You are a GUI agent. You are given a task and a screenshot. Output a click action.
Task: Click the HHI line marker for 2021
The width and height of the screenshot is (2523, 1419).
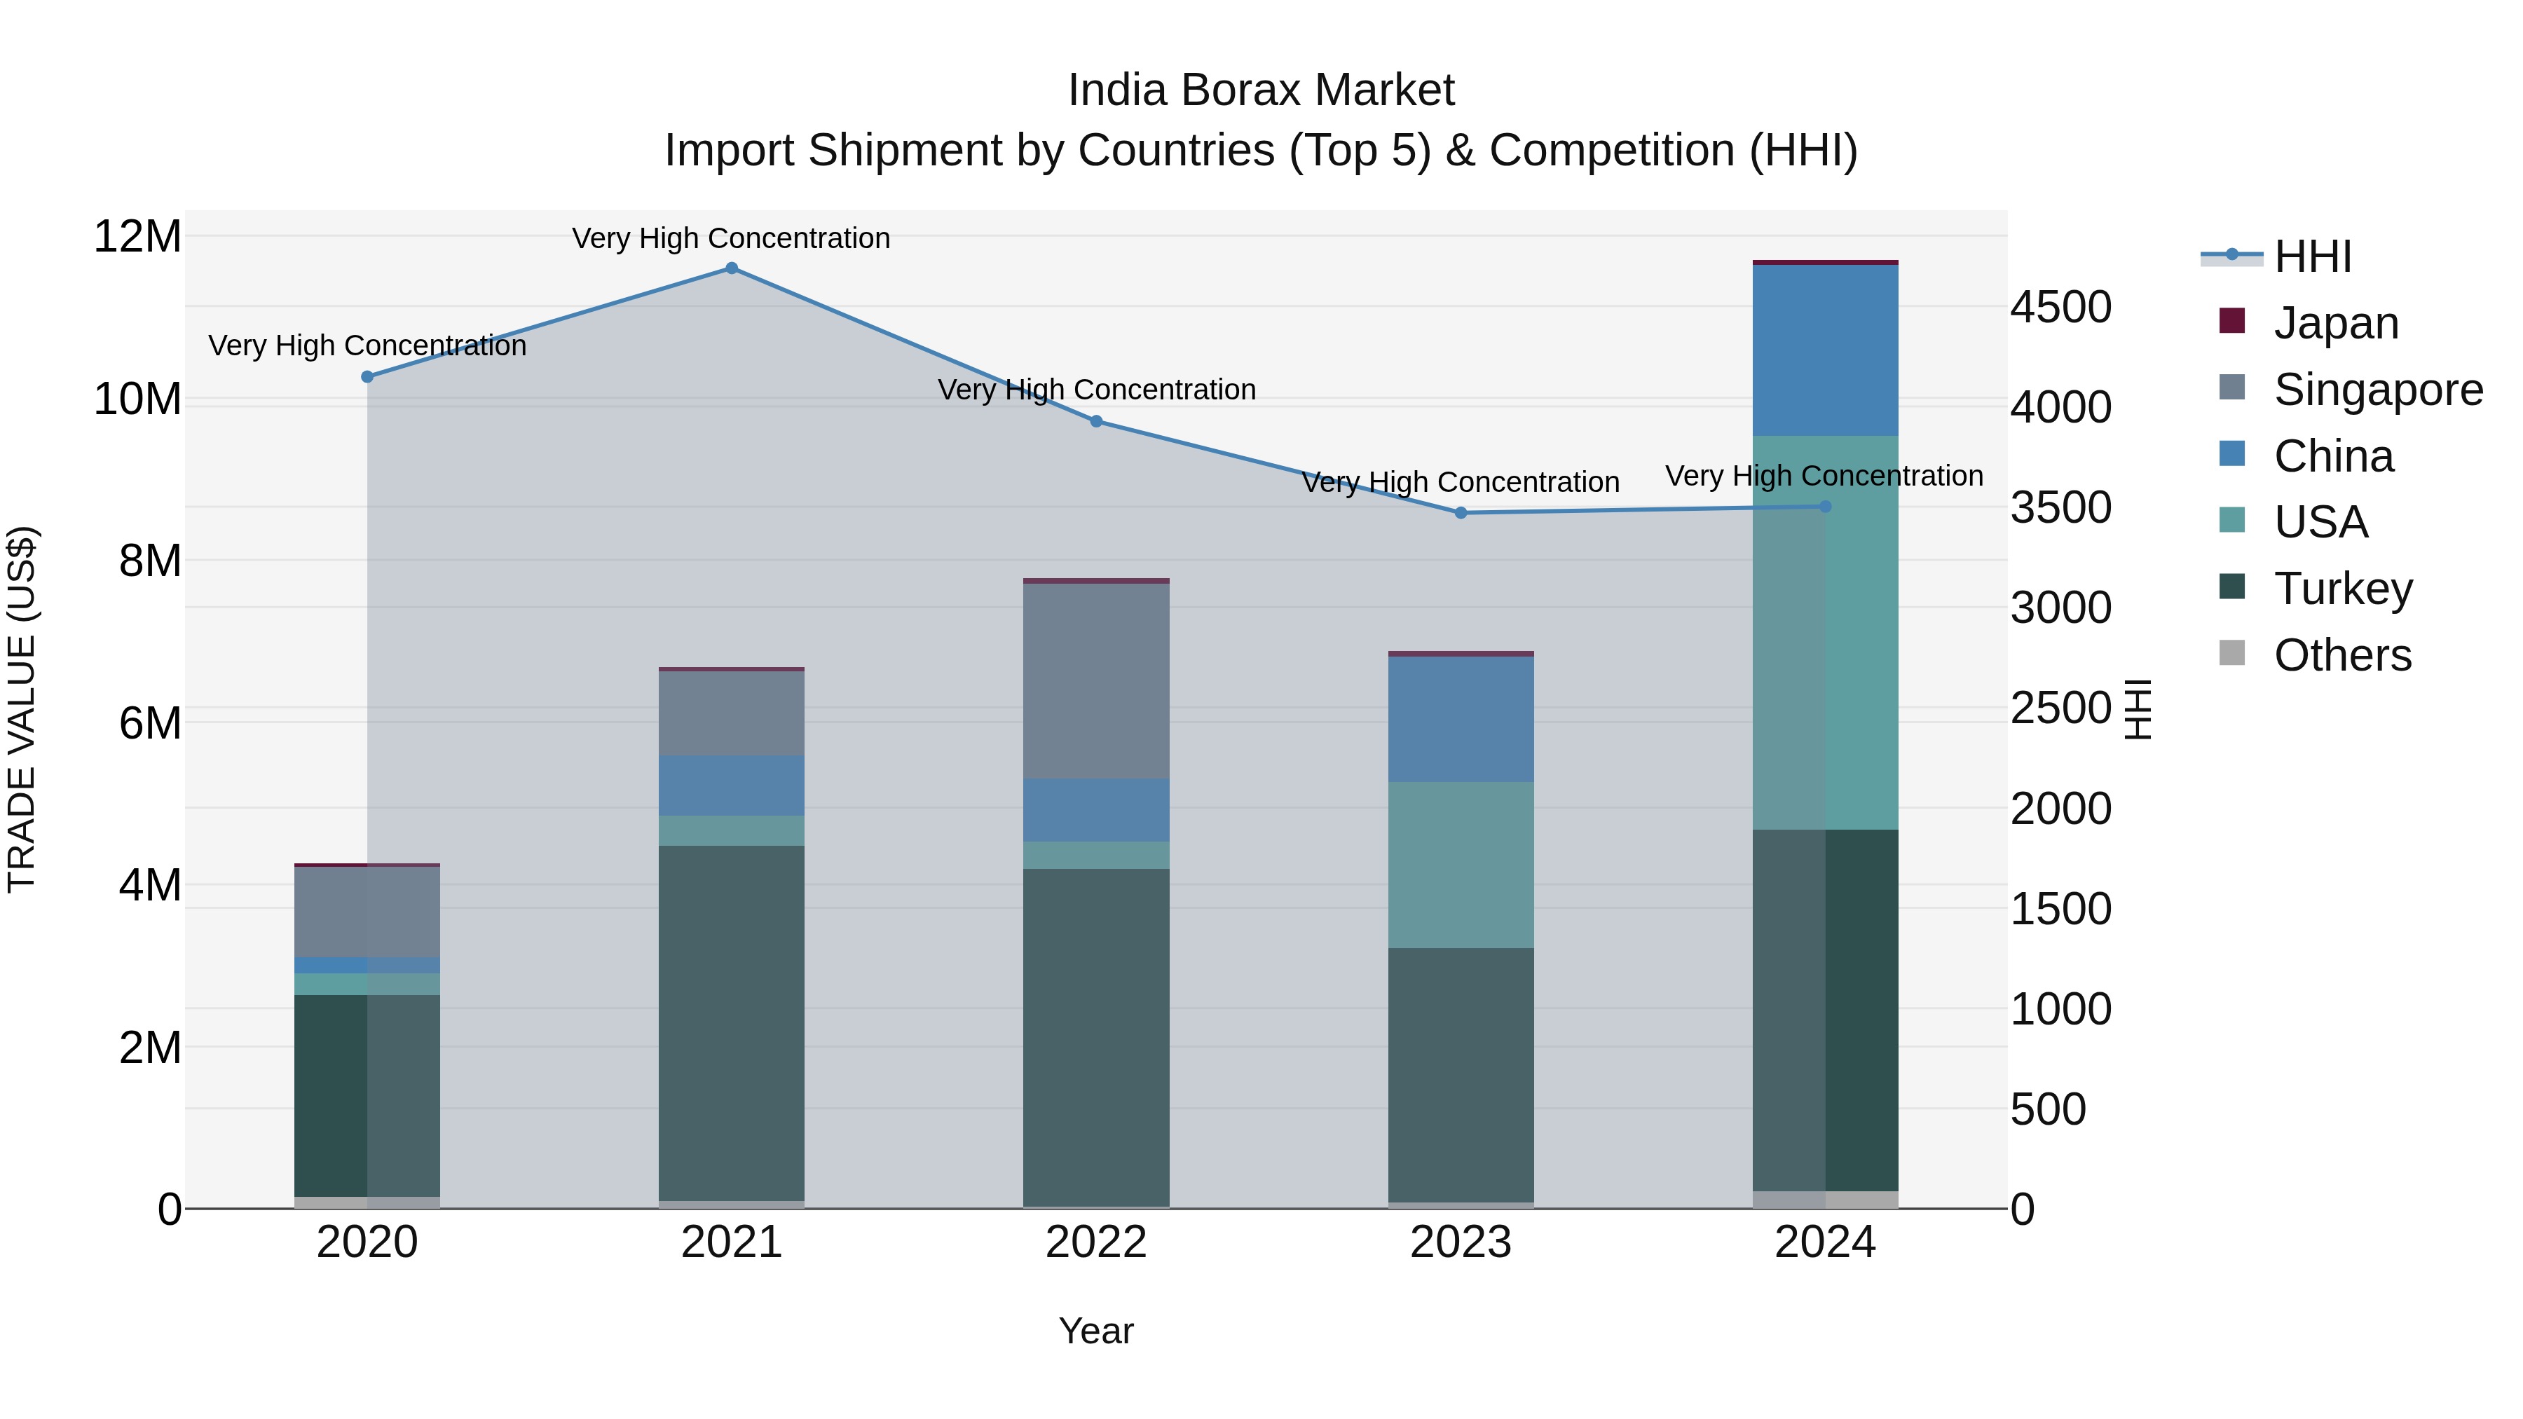(x=732, y=268)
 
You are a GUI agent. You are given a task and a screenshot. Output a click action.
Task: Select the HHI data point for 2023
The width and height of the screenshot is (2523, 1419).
(x=1461, y=513)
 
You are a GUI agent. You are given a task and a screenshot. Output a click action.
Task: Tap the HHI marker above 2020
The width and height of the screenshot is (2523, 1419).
(x=367, y=377)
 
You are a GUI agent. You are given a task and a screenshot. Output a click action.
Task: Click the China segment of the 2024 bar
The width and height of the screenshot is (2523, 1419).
(x=1825, y=350)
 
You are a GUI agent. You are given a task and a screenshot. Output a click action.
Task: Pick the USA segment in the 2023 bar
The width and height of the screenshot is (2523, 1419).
(x=1461, y=865)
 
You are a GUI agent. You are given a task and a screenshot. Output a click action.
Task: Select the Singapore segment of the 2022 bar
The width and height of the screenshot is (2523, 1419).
(x=1096, y=680)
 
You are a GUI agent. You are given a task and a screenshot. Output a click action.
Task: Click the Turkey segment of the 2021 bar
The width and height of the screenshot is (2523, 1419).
(x=732, y=1023)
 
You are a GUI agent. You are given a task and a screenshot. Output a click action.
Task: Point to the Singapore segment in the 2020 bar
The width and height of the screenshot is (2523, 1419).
(x=367, y=912)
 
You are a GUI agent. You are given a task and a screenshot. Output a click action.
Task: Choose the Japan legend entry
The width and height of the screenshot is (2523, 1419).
(x=2336, y=323)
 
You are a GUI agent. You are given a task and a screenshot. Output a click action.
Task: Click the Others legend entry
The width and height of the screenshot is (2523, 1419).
(x=2341, y=655)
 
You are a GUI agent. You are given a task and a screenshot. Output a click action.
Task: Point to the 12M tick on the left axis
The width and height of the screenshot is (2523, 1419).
(x=138, y=237)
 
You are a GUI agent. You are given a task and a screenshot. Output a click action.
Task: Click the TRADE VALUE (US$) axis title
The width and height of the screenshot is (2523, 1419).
(x=22, y=709)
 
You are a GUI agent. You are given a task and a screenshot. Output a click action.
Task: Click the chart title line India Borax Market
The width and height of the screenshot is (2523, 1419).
(x=1261, y=91)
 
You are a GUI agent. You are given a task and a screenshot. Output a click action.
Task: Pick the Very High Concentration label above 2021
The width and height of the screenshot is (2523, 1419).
(x=731, y=239)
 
